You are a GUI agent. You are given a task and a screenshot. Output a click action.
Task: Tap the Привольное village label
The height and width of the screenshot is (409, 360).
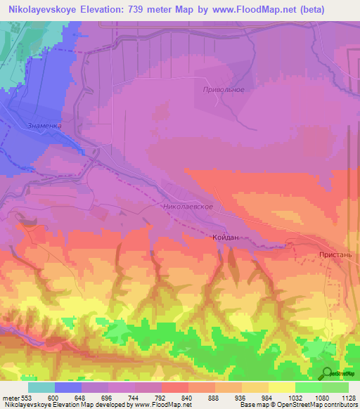click(x=223, y=90)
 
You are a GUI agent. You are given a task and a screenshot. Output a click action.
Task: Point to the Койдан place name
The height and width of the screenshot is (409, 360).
click(x=226, y=238)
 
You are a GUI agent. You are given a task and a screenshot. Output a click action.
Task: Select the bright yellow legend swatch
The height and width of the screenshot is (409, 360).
click(x=281, y=387)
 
